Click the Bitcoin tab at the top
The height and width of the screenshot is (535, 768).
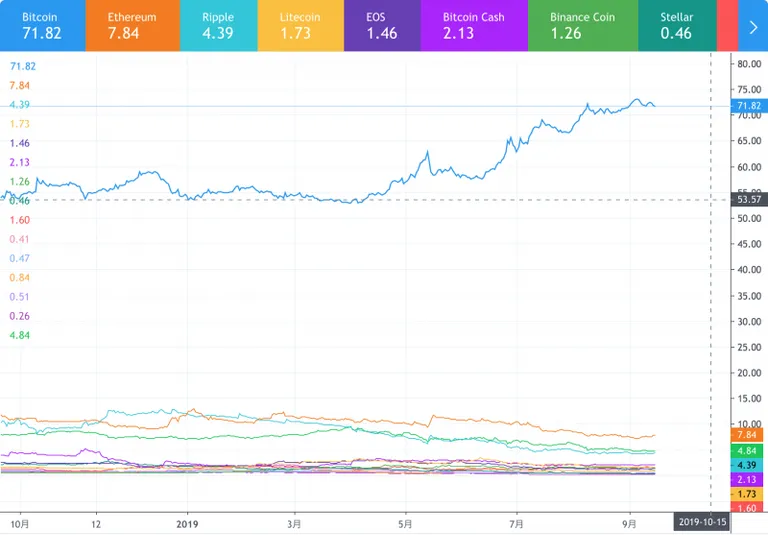43,25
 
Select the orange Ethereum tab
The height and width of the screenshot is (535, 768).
133,25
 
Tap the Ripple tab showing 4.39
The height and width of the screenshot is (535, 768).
219,25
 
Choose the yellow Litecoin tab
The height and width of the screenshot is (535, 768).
301,25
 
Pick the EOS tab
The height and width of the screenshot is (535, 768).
383,25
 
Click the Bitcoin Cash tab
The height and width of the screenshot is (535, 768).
474,25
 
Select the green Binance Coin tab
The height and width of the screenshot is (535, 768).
583,25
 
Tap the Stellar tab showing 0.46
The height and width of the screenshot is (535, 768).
677,25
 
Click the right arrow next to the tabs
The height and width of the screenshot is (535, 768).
753,26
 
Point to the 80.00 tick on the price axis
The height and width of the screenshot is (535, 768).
749,64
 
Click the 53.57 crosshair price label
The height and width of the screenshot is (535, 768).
749,199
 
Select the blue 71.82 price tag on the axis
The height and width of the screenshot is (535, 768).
749,106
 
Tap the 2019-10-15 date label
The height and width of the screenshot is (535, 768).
702,522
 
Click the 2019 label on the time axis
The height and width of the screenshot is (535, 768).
187,524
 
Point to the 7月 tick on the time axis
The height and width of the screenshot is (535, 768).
516,524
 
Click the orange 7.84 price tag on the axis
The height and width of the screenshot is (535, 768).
747,435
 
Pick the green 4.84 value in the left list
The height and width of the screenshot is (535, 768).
20,335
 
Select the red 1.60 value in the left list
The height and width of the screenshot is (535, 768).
20,220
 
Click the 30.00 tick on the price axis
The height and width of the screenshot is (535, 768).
749,321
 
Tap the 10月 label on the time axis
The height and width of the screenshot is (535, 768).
20,524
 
